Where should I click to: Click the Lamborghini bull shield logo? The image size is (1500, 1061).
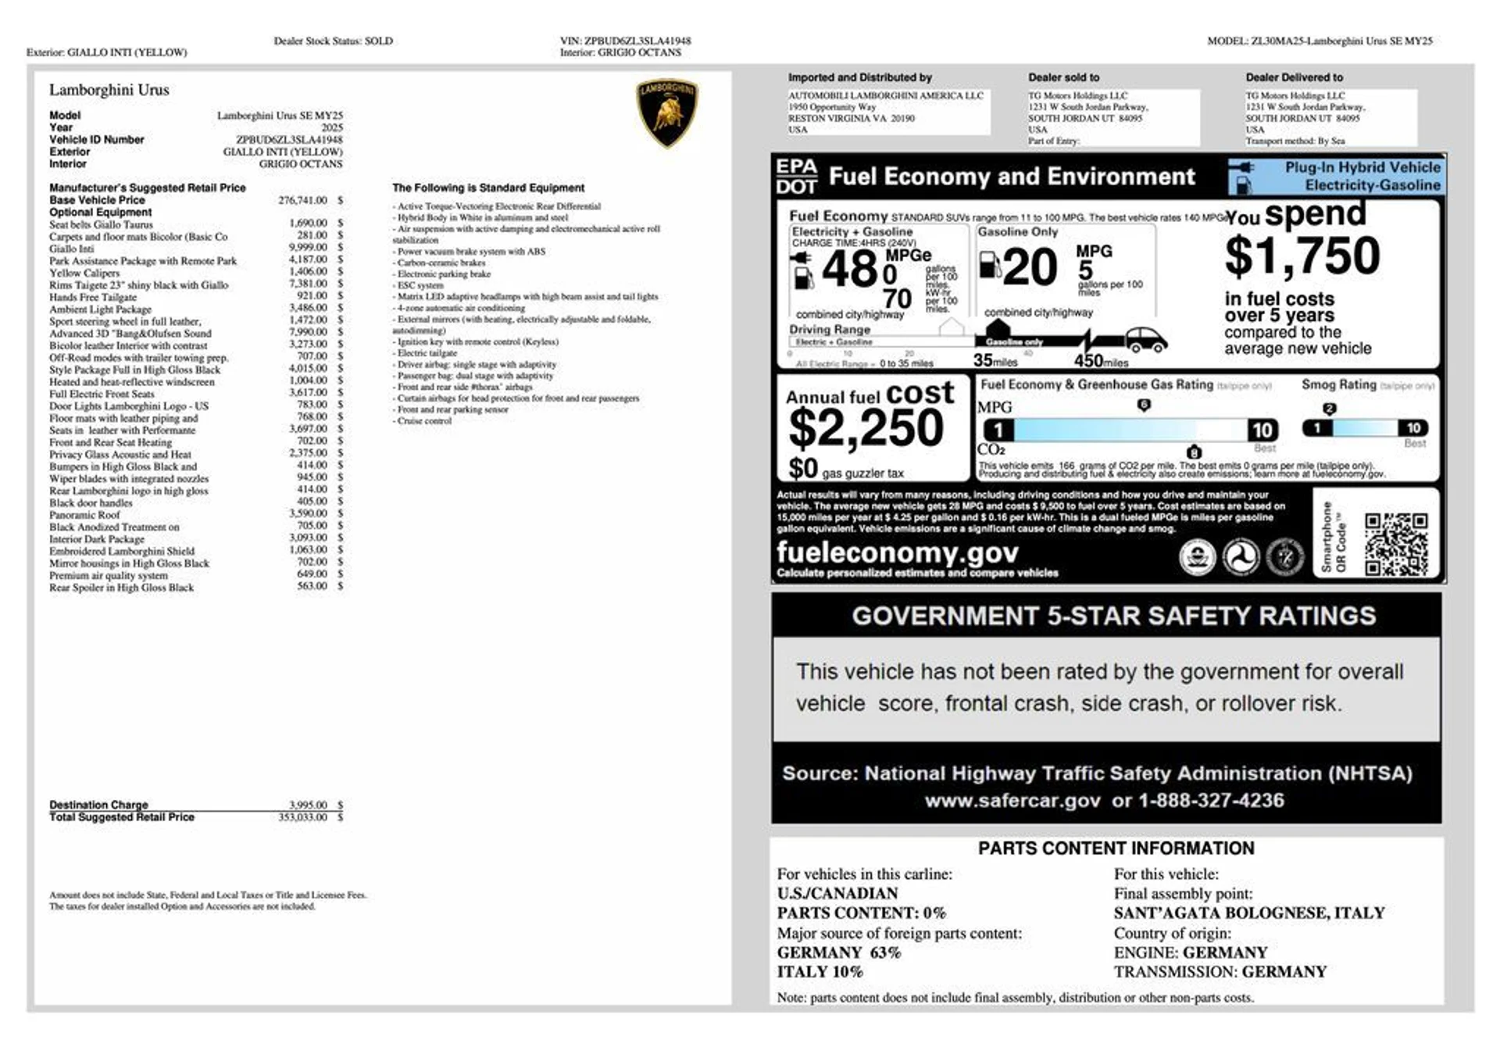pyautogui.click(x=666, y=113)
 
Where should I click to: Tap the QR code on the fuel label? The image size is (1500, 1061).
pyautogui.click(x=1396, y=544)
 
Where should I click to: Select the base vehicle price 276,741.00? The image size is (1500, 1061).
pyautogui.click(x=302, y=201)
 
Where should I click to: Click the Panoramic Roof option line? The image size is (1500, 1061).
pyautogui.click(x=84, y=515)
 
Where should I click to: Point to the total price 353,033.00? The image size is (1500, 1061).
pyautogui.click(x=302, y=817)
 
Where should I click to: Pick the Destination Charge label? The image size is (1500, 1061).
pyautogui.click(x=98, y=805)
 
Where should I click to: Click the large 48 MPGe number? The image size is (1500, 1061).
pyautogui.click(x=850, y=270)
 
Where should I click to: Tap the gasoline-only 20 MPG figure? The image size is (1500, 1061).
pyautogui.click(x=1030, y=268)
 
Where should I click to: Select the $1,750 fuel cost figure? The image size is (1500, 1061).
pyautogui.click(x=1302, y=256)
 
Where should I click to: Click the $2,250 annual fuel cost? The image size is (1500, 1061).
pyautogui.click(x=866, y=428)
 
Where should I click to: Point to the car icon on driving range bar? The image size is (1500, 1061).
pyautogui.click(x=1145, y=340)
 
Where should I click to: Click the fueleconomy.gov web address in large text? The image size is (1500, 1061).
pyautogui.click(x=897, y=553)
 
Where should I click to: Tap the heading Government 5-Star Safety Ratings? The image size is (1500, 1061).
pyautogui.click(x=1113, y=616)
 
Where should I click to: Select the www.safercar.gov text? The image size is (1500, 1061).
pyautogui.click(x=1012, y=801)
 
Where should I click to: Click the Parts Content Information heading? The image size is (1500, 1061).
pyautogui.click(x=1116, y=848)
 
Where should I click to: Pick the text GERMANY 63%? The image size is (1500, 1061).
pyautogui.click(x=838, y=952)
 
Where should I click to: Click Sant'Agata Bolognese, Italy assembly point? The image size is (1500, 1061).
pyautogui.click(x=1248, y=913)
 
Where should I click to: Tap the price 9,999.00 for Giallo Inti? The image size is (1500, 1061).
pyautogui.click(x=308, y=248)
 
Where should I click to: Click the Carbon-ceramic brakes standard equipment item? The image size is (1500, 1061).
pyautogui.click(x=441, y=263)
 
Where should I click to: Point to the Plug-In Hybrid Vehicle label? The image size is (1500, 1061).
pyautogui.click(x=1362, y=167)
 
